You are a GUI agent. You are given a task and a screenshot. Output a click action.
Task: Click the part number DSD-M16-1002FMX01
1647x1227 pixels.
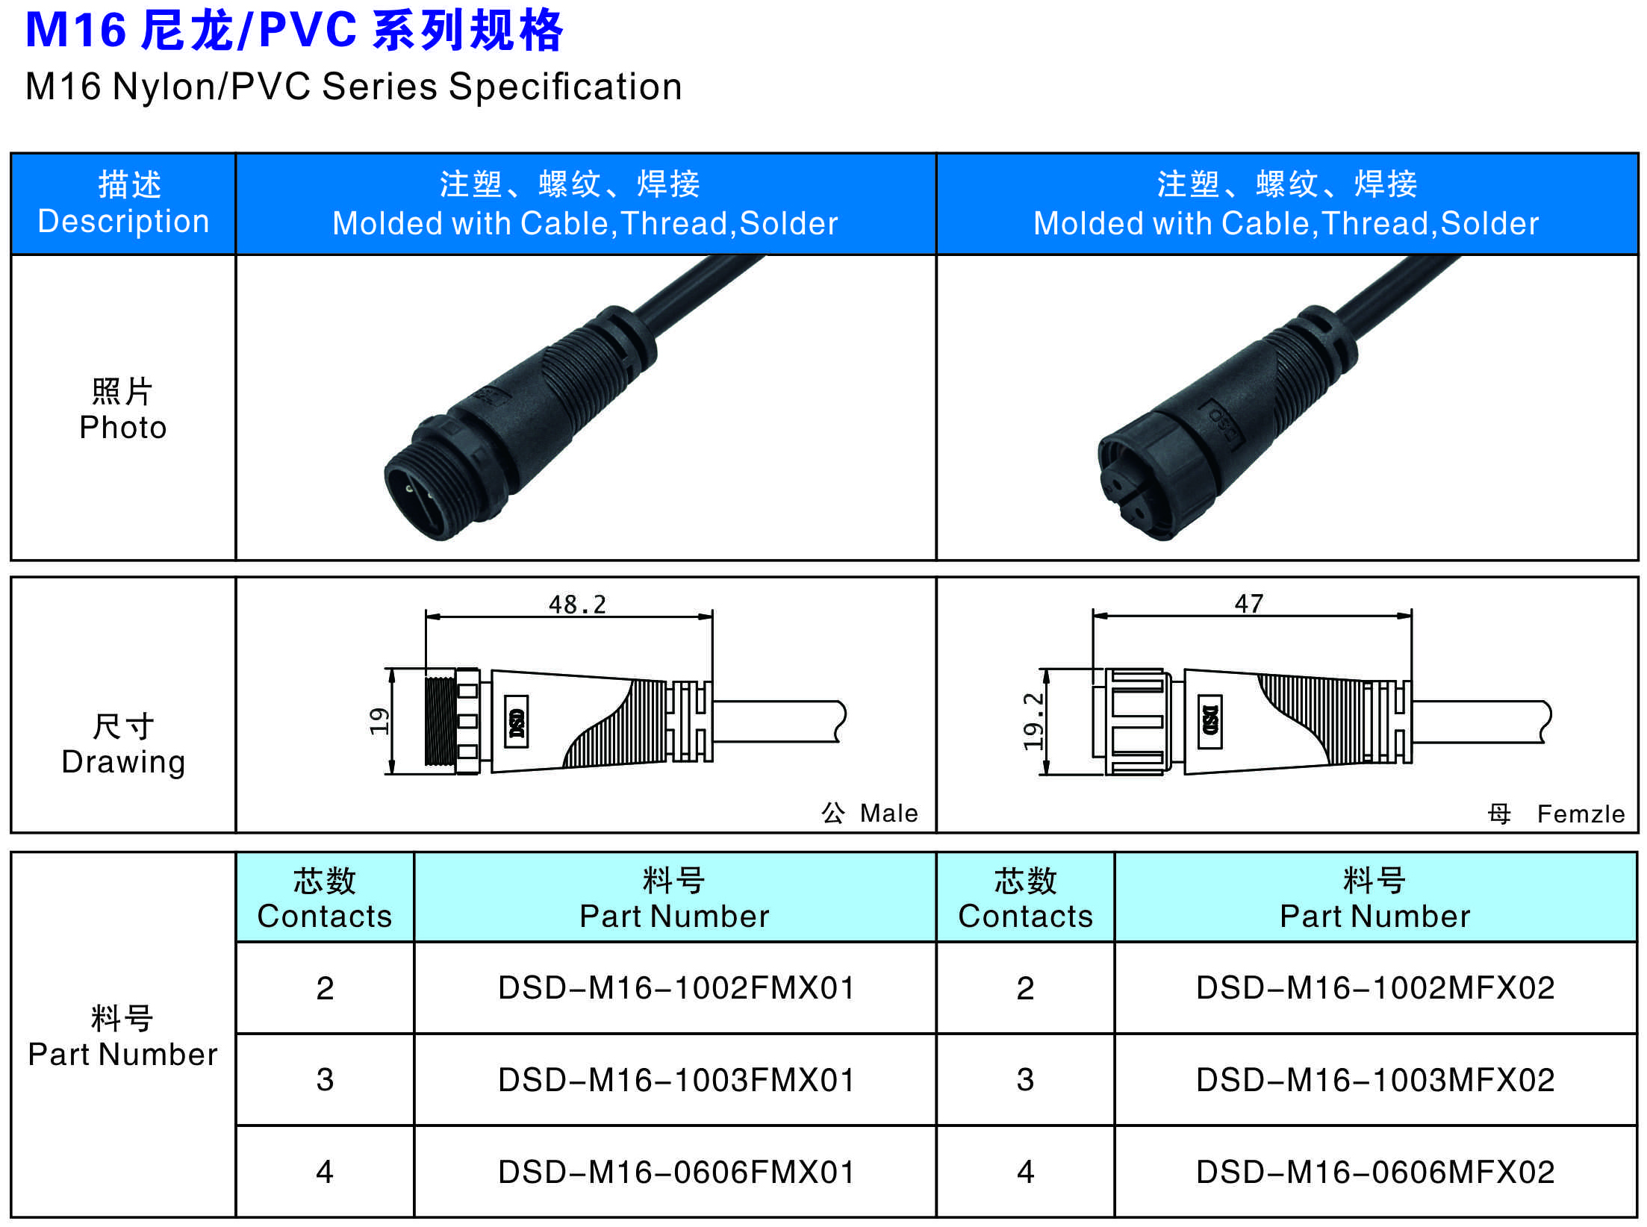[x=676, y=988]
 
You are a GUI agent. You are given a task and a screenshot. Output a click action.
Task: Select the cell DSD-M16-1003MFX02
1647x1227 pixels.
[x=1375, y=1080]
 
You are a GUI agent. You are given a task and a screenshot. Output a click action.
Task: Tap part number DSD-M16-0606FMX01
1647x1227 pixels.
[x=676, y=1172]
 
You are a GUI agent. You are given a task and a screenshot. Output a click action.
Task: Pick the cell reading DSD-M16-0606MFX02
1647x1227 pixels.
[x=1375, y=1172]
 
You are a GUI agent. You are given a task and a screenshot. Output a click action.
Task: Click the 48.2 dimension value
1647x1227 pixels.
[x=577, y=604]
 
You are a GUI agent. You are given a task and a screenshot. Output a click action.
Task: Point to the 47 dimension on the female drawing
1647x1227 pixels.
[x=1249, y=603]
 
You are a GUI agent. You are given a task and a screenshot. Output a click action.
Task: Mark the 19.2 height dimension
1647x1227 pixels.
[x=1033, y=721]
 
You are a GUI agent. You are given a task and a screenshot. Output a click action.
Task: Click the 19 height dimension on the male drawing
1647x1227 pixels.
[x=379, y=721]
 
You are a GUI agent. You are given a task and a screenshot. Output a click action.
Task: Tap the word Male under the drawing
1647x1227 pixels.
[x=888, y=813]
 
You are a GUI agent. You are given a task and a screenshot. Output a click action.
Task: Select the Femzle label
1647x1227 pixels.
[x=1581, y=814]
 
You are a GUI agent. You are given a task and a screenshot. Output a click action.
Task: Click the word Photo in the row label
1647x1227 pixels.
[x=123, y=428]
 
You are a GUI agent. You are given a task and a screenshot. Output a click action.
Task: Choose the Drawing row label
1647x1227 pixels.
[x=123, y=762]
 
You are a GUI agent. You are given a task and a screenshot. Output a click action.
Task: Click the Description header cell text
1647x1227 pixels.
[x=123, y=222]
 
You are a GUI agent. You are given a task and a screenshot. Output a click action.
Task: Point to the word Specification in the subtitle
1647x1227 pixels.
[x=565, y=87]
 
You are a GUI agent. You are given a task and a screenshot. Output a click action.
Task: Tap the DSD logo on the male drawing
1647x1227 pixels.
[x=516, y=721]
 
